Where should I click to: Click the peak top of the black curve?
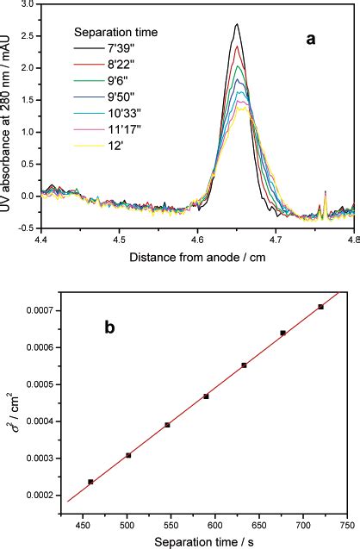pyautogui.click(x=236, y=25)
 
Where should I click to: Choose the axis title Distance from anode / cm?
pyautogui.click(x=198, y=256)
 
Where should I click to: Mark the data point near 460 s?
pyautogui.click(x=90, y=482)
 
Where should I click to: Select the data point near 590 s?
pyautogui.click(x=206, y=396)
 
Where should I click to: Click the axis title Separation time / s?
pyautogui.click(x=197, y=540)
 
